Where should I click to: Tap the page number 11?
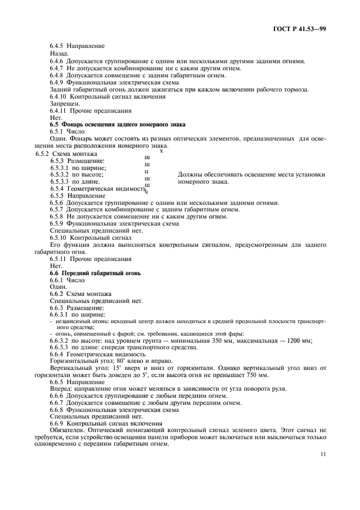[x=323, y=452]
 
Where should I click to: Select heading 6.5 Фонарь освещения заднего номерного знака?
[x=118, y=124]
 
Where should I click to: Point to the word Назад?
[x=59, y=54]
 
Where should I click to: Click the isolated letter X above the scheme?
[x=161, y=150]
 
